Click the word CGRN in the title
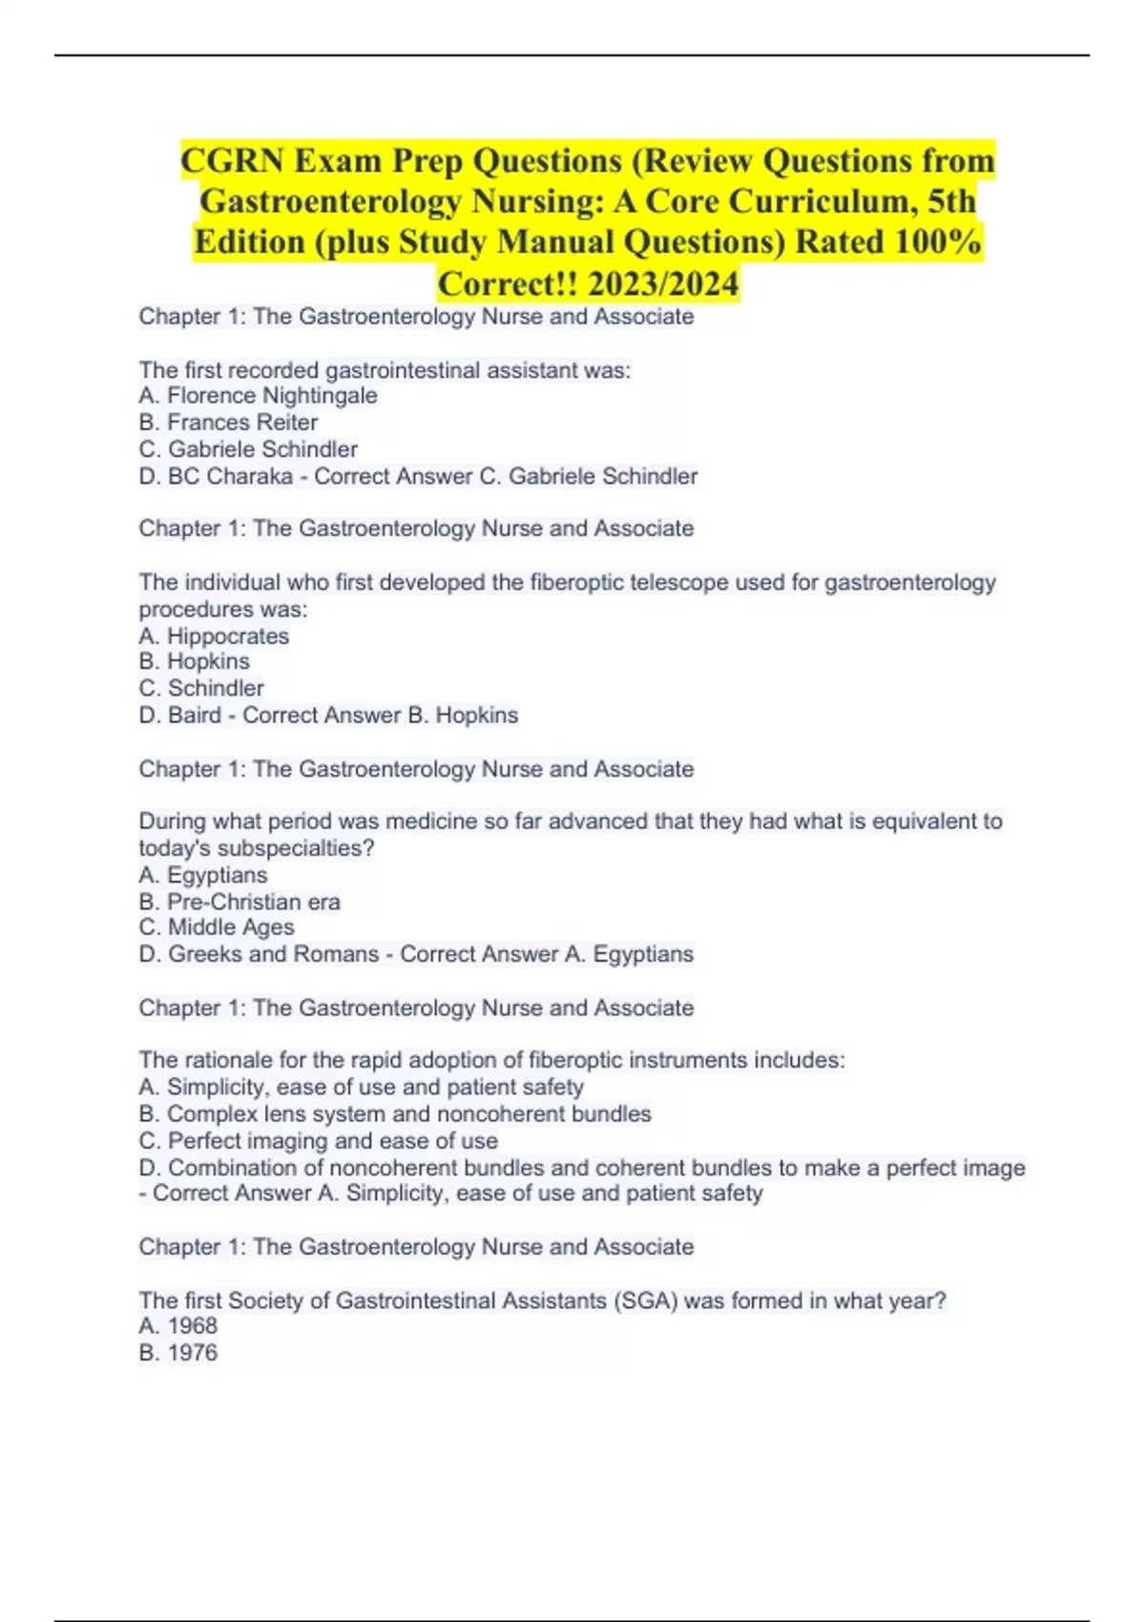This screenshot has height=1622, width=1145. tap(231, 161)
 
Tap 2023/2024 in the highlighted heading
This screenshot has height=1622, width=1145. tap(663, 283)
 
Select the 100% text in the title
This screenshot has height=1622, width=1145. tap(939, 242)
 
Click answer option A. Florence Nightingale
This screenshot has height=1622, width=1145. tap(258, 396)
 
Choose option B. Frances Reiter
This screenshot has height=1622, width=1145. tap(228, 423)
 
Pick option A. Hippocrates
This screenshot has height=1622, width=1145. tap(214, 636)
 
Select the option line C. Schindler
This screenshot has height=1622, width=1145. tap(201, 688)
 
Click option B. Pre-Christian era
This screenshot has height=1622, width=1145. tap(239, 902)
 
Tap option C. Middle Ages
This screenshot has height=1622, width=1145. tap(217, 927)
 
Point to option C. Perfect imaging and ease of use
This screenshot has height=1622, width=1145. tap(318, 1141)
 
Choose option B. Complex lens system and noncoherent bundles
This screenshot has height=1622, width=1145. tap(395, 1114)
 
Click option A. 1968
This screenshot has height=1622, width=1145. tap(178, 1326)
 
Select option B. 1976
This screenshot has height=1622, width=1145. tap(178, 1353)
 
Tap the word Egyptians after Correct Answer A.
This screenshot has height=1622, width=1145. tap(643, 954)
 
